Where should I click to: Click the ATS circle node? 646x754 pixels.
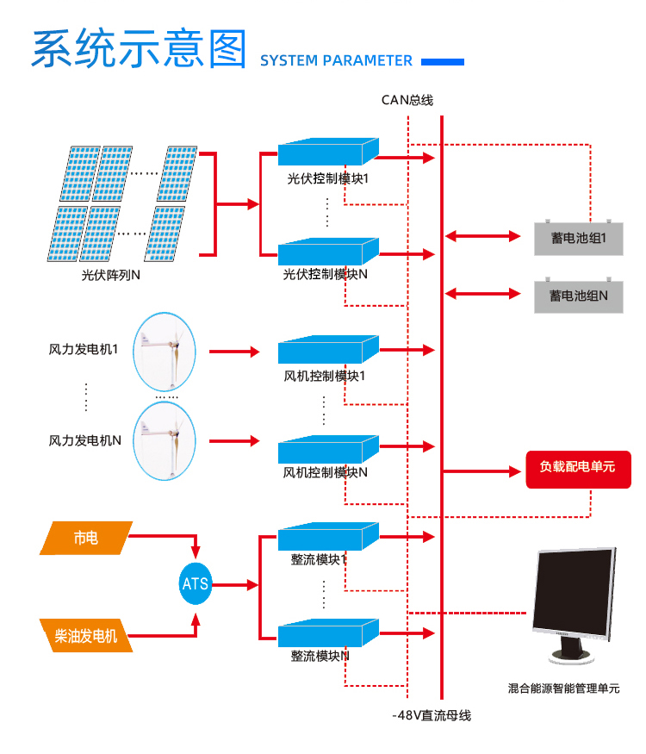point(195,583)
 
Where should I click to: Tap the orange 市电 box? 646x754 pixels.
point(86,538)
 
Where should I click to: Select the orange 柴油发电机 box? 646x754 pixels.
point(86,637)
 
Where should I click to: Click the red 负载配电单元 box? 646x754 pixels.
point(578,467)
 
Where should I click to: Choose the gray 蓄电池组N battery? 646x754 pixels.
point(578,295)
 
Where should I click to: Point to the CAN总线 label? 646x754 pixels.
point(407,100)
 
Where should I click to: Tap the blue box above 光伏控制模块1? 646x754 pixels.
point(328,153)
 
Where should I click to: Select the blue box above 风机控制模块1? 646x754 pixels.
point(328,350)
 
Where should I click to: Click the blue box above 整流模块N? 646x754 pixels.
point(328,634)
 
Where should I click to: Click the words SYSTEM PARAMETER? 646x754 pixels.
point(336,60)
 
